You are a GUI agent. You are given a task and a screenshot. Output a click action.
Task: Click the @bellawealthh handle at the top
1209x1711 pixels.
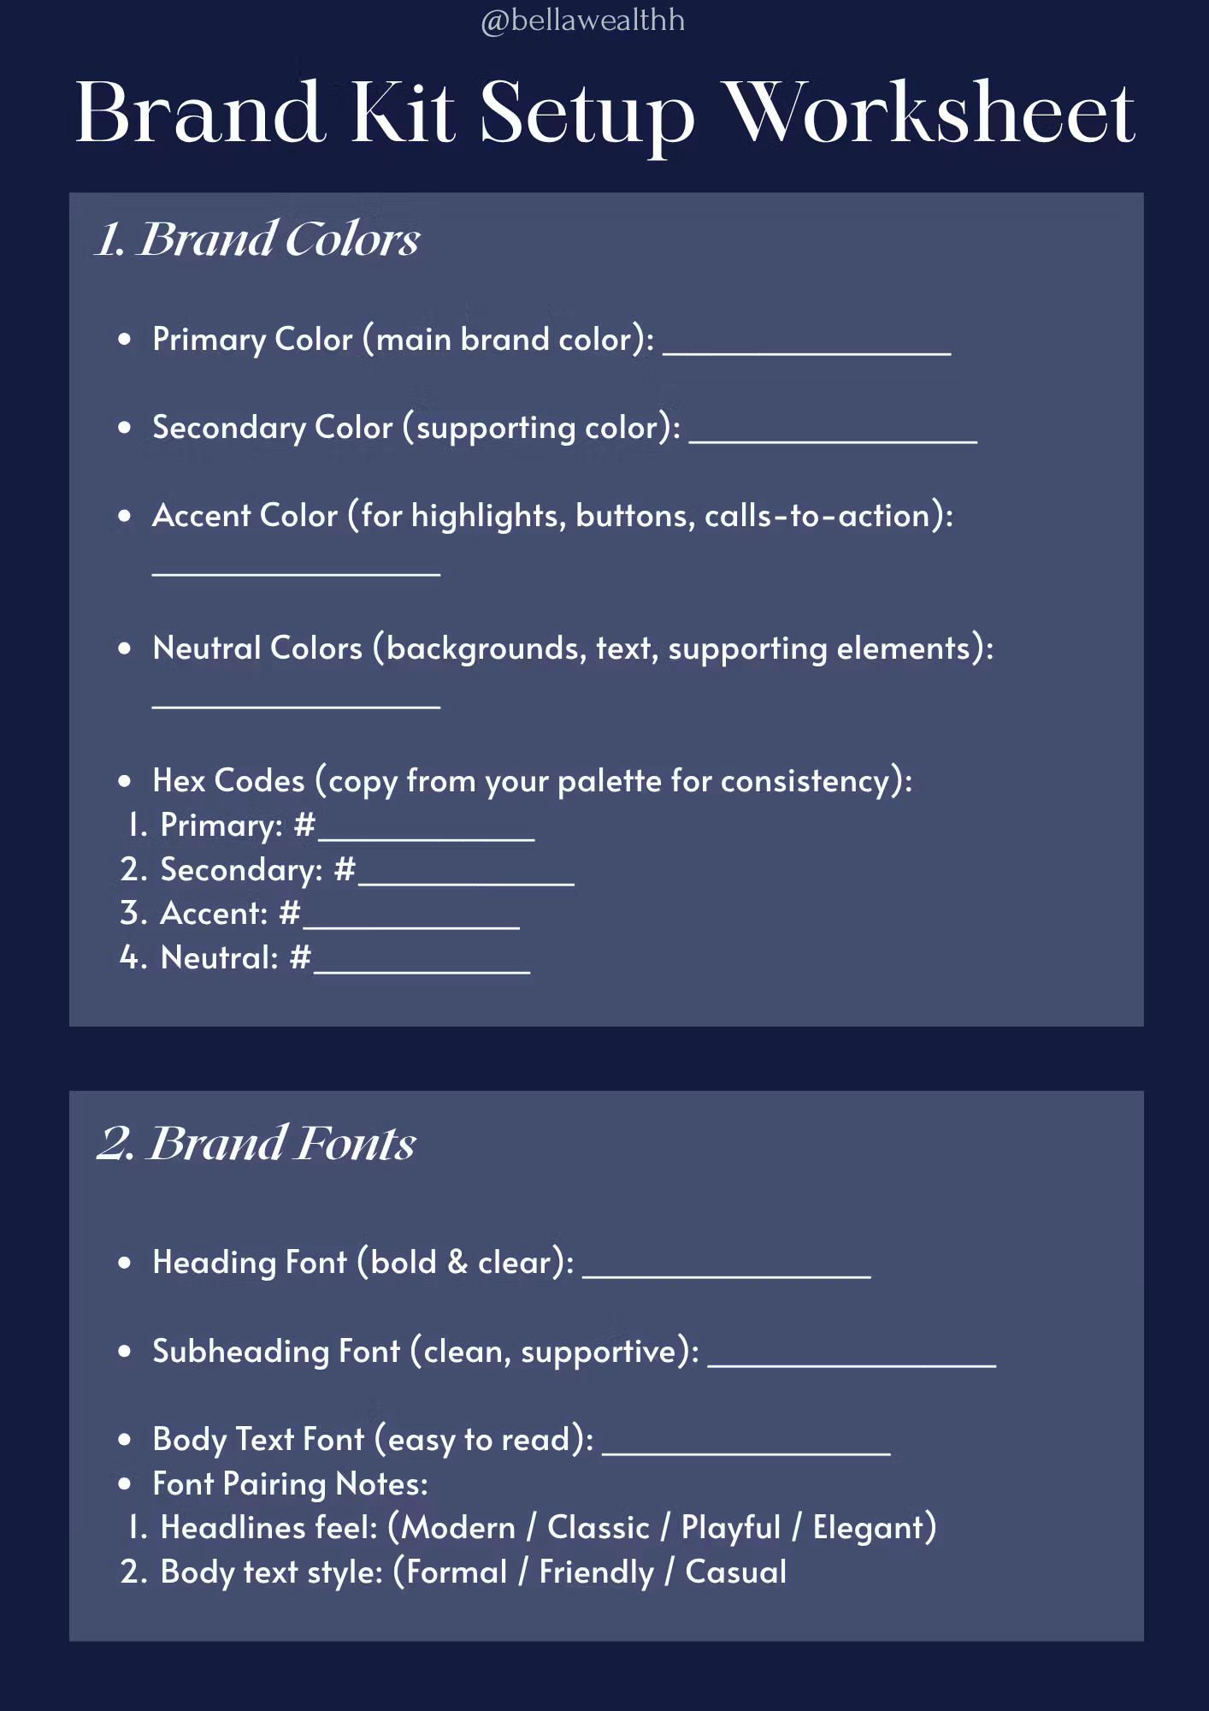[x=582, y=21]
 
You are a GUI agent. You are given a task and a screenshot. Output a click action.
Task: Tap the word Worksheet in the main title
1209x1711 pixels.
[x=933, y=114]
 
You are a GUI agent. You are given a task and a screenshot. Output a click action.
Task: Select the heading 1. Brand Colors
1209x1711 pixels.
[x=257, y=239]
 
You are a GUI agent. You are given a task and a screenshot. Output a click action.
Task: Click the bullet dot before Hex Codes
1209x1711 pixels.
[x=126, y=781]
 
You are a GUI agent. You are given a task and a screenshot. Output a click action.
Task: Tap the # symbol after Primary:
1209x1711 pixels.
[x=304, y=826]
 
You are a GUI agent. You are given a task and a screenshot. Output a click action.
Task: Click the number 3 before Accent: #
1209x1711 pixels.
[x=130, y=914]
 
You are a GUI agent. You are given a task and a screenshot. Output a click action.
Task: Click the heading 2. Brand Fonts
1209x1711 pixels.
[x=257, y=1143]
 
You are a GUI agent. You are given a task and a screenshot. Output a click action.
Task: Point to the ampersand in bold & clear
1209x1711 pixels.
[x=457, y=1263]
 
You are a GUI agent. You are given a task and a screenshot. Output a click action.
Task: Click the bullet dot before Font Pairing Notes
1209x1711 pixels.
[x=126, y=1484]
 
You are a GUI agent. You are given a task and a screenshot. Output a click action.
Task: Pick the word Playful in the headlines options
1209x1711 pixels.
[x=731, y=1528]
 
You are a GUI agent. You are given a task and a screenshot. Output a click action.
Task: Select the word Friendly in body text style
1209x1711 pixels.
[x=596, y=1572]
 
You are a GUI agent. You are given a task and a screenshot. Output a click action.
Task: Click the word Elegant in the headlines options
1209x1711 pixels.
[x=869, y=1528]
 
